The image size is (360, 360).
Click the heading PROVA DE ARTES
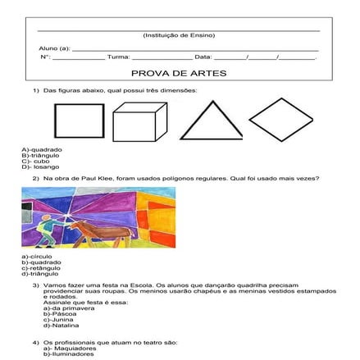(x=180, y=72)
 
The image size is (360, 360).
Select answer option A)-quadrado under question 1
(x=42, y=149)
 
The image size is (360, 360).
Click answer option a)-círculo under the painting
(x=38, y=257)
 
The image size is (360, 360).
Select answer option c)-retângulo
(x=42, y=267)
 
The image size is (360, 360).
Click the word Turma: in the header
(x=119, y=57)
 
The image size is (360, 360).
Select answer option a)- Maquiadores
(x=70, y=349)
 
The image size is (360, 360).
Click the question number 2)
(x=36, y=177)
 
